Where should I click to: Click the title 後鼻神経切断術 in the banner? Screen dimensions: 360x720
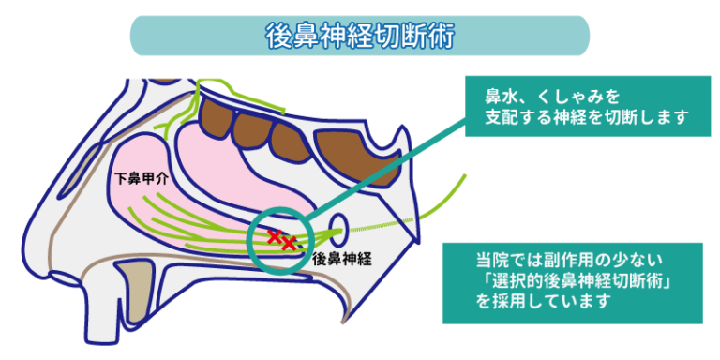coord(359,37)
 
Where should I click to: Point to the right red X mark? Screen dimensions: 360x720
coord(290,244)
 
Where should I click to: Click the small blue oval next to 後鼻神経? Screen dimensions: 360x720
coord(339,227)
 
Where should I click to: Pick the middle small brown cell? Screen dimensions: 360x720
coord(250,123)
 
